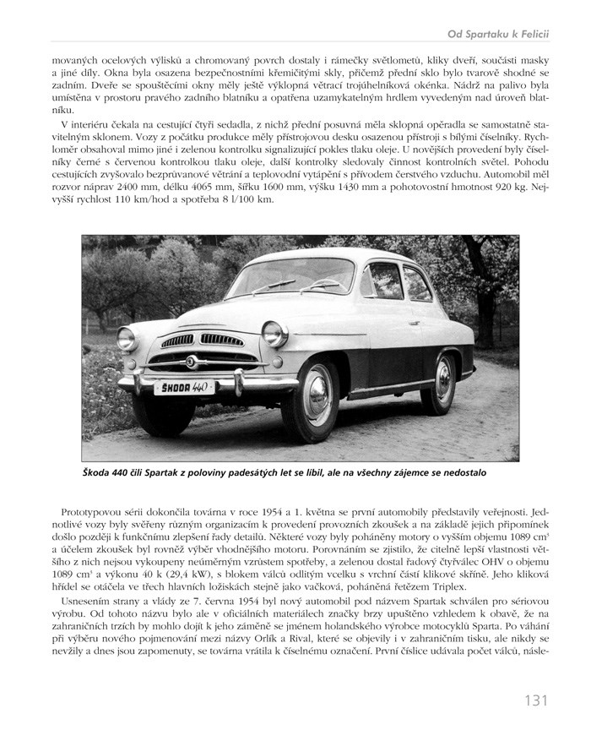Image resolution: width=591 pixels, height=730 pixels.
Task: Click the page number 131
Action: point(535,700)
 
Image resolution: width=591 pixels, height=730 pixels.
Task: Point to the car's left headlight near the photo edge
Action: point(126,338)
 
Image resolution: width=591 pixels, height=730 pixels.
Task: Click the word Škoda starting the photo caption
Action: point(100,474)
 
